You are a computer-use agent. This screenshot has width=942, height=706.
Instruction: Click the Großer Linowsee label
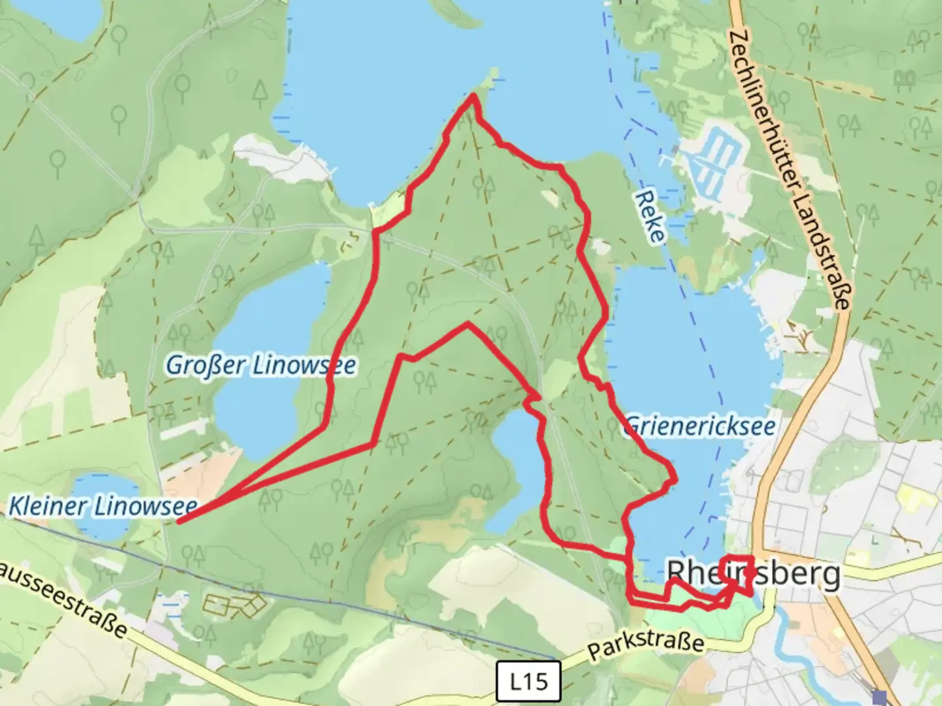(260, 365)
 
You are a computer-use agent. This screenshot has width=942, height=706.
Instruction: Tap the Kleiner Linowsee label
(102, 506)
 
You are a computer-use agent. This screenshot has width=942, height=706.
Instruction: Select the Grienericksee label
(700, 426)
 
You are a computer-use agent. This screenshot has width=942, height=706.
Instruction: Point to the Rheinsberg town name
(753, 575)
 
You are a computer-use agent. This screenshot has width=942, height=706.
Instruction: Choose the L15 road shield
(529, 682)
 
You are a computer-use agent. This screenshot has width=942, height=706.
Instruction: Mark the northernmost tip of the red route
(473, 96)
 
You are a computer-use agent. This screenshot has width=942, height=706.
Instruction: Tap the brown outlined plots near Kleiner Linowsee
(232, 605)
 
